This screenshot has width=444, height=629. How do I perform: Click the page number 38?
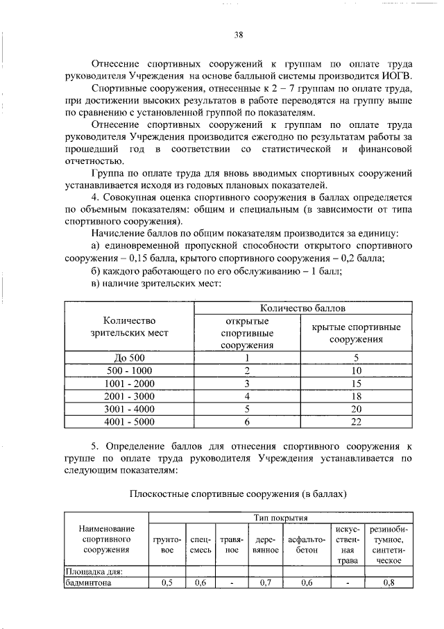[x=238, y=35]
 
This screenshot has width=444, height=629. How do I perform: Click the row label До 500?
[x=128, y=357]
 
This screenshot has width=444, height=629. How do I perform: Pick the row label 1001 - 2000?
[x=128, y=383]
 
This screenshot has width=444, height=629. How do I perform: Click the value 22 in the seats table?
[x=356, y=421]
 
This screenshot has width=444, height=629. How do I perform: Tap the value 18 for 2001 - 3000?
[x=356, y=395]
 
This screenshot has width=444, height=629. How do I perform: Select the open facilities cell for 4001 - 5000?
[x=247, y=421]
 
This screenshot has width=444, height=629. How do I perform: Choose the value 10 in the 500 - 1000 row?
[x=356, y=370]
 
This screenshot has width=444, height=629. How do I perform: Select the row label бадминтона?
[x=87, y=583]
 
